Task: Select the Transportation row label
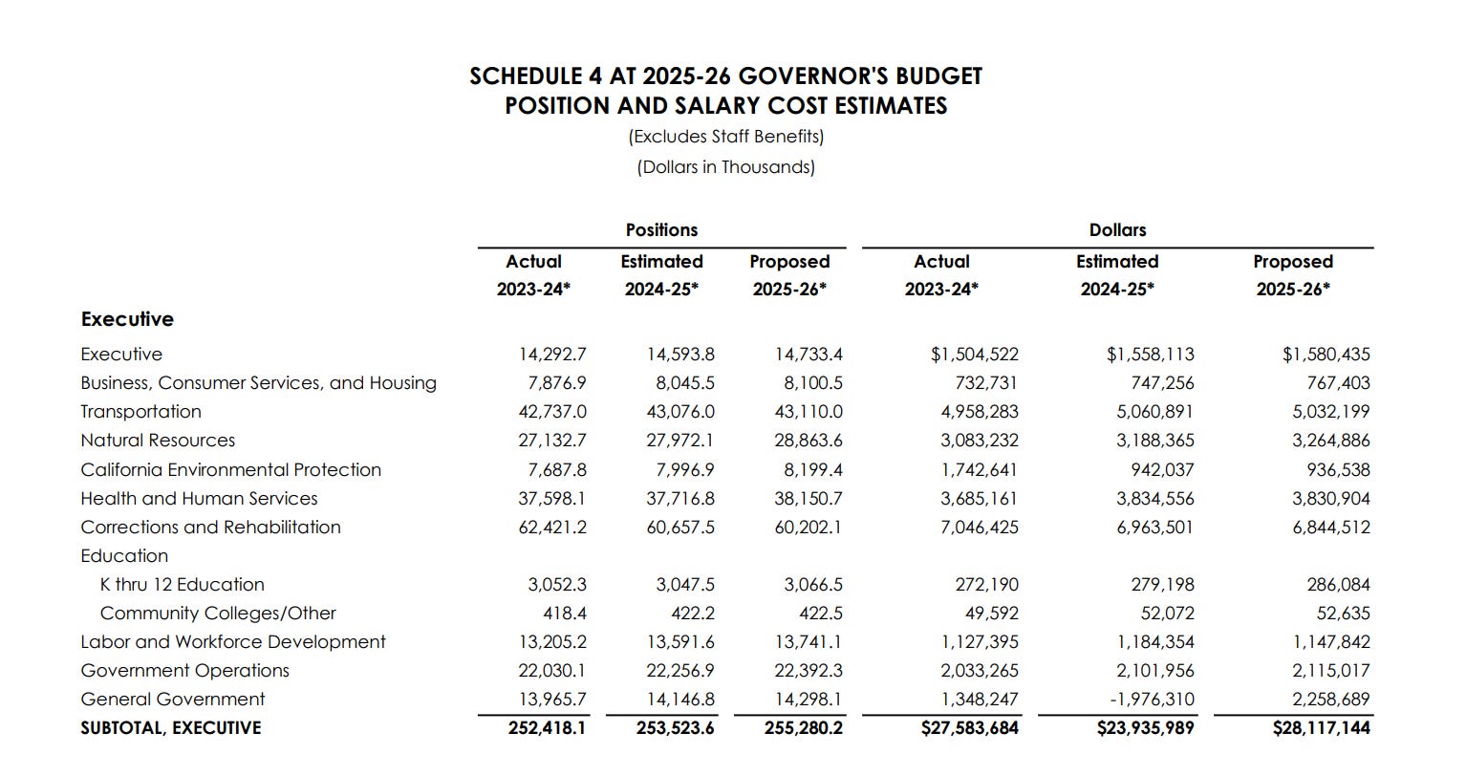[140, 412]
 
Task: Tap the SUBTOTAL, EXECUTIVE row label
[170, 728]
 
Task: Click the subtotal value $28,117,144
[1322, 728]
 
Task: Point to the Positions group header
[661, 230]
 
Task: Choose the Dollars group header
[1117, 230]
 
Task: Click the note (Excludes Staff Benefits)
[726, 137]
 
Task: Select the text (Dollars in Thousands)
[726, 167]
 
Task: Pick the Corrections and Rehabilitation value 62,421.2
[552, 528]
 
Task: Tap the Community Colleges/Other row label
[218, 614]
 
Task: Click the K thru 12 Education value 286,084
[1338, 585]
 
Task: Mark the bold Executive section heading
[127, 319]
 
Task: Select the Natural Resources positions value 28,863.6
[808, 441]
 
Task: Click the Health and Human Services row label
[199, 499]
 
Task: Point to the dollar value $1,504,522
[975, 355]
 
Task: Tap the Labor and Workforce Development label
[233, 642]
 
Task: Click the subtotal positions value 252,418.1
[547, 728]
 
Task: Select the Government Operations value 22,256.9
[680, 671]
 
